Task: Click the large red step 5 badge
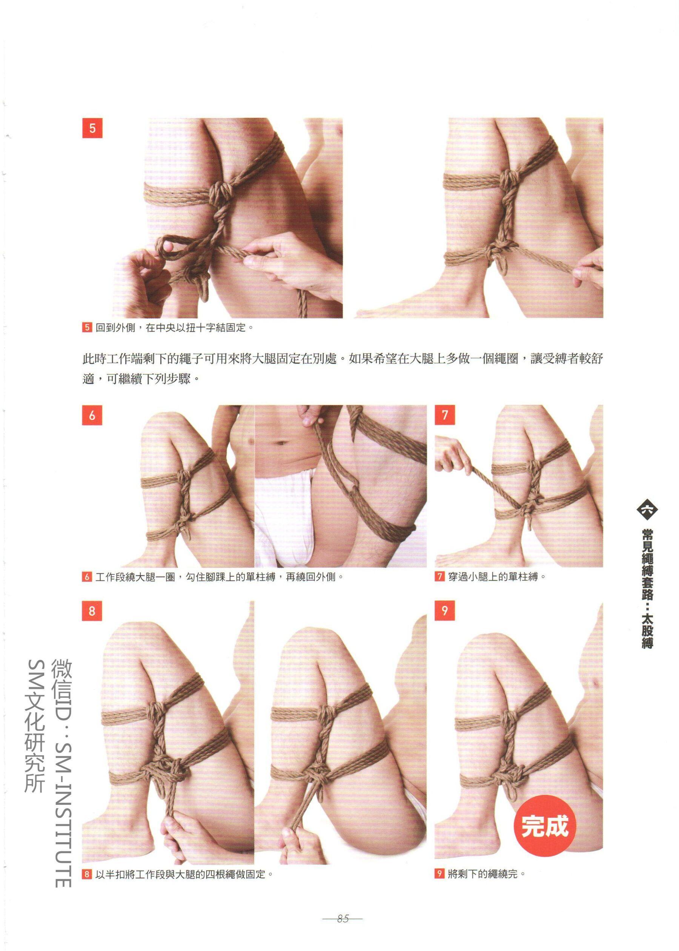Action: click(x=92, y=128)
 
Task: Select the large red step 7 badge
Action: click(x=445, y=415)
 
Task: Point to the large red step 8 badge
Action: click(x=92, y=611)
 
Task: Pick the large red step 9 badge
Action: click(x=444, y=611)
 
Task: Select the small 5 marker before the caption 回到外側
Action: click(x=87, y=327)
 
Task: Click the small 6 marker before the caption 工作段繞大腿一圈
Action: click(x=87, y=577)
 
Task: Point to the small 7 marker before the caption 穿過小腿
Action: click(x=439, y=577)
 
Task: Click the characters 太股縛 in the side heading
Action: click(x=647, y=631)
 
